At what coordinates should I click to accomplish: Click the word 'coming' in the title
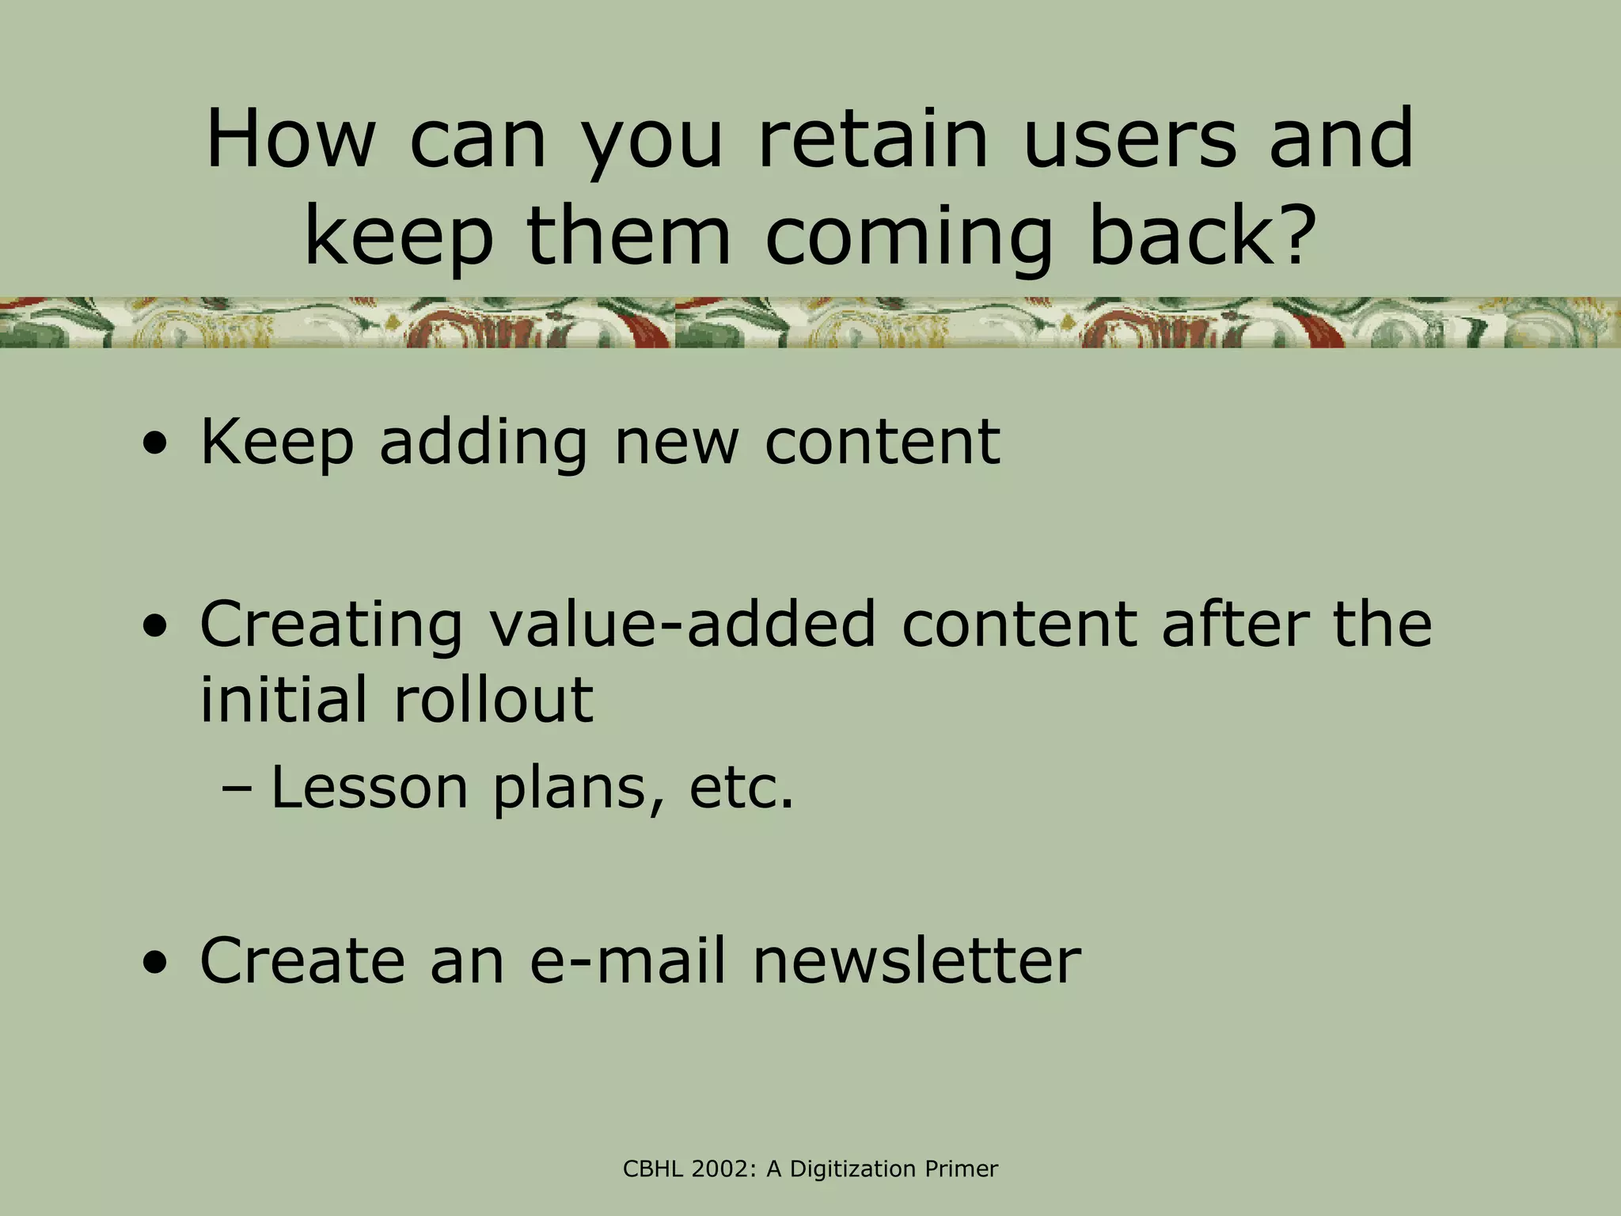pos(909,237)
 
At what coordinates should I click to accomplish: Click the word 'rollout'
pos(492,700)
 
